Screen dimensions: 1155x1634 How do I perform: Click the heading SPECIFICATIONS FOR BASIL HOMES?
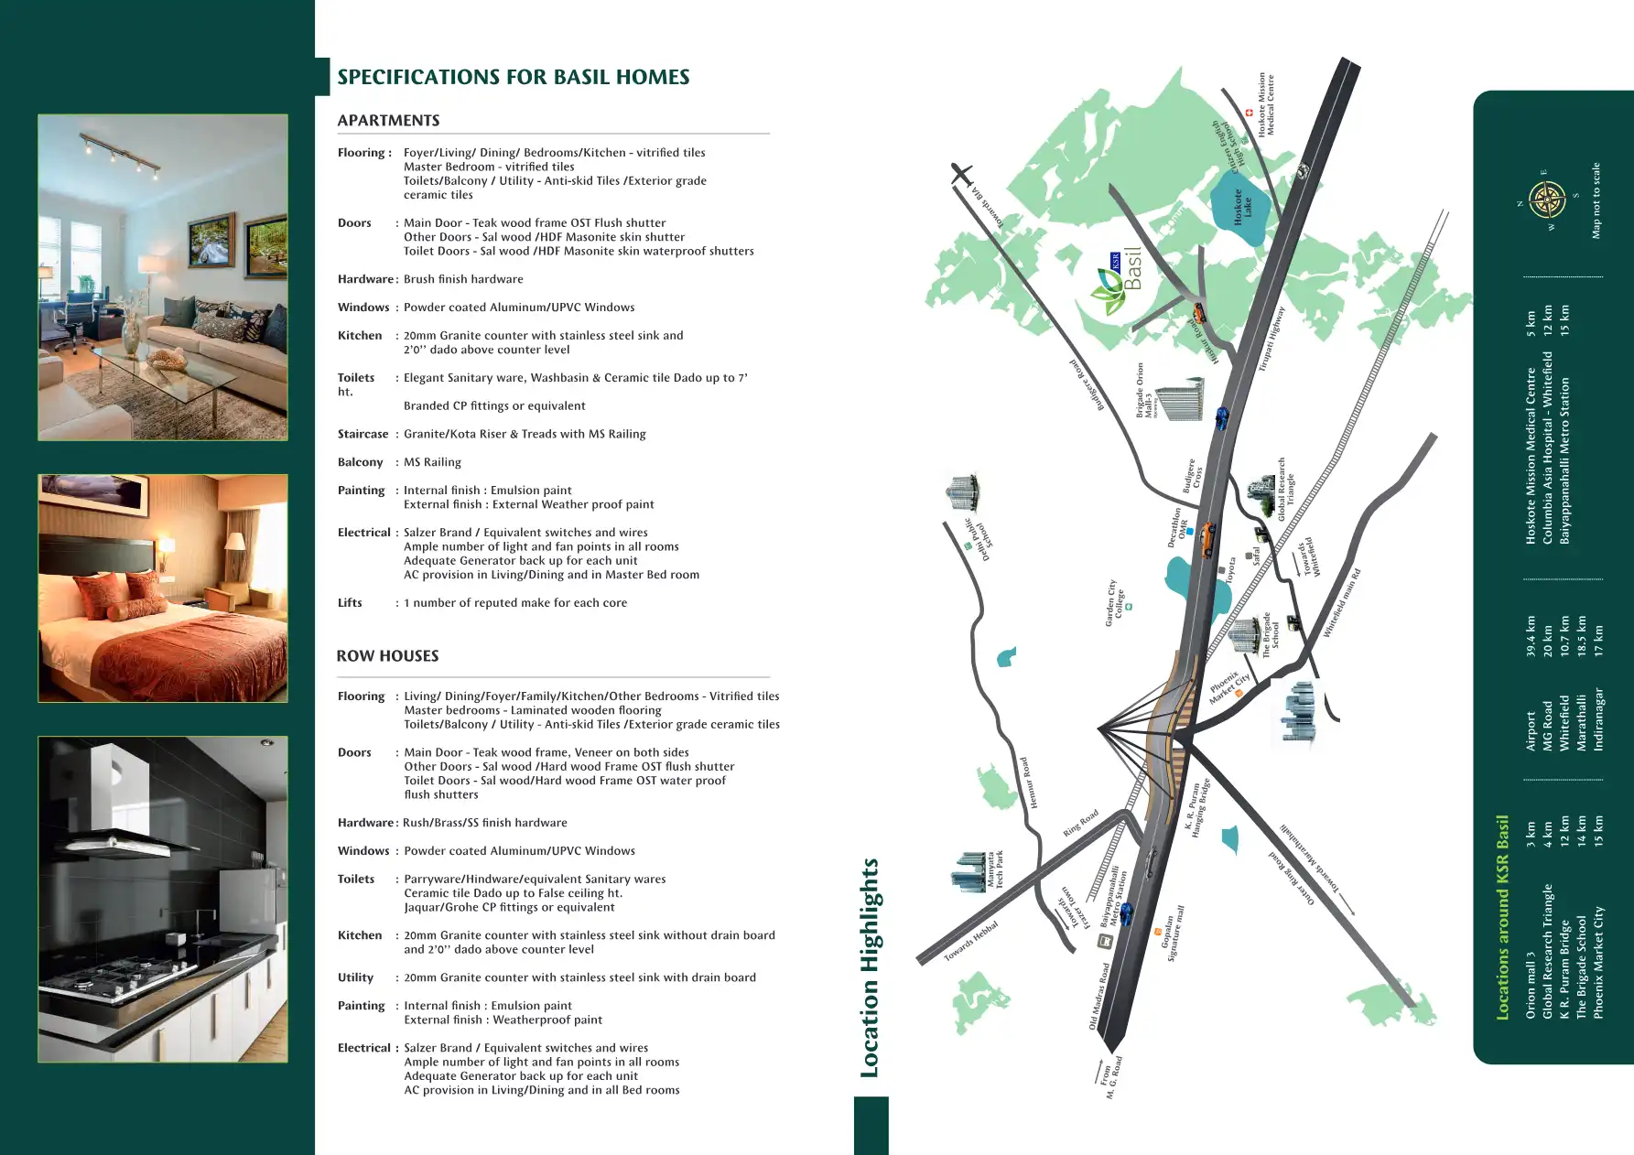pyautogui.click(x=513, y=77)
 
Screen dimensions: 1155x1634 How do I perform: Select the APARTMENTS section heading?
pyautogui.click(x=388, y=121)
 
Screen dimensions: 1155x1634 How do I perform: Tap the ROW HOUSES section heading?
pyautogui.click(x=387, y=656)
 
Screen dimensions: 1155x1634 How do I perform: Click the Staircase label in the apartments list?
pyautogui.click(x=363, y=434)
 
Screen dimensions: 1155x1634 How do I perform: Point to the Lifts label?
pyautogui.click(x=350, y=603)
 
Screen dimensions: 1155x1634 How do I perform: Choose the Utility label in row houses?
pyautogui.click(x=355, y=977)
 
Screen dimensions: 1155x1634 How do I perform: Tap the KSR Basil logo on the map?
pyautogui.click(x=1118, y=283)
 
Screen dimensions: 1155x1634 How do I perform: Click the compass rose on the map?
pyautogui.click(x=1547, y=199)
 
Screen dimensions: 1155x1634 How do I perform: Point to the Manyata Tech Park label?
pyautogui.click(x=994, y=869)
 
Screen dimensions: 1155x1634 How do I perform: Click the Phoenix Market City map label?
pyautogui.click(x=1228, y=687)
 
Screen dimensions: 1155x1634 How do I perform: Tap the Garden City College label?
pyautogui.click(x=1114, y=602)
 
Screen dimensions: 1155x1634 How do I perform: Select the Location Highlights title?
pyautogui.click(x=869, y=967)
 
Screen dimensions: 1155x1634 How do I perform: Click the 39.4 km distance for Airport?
pyautogui.click(x=1531, y=636)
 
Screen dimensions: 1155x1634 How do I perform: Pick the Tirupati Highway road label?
pyautogui.click(x=1271, y=339)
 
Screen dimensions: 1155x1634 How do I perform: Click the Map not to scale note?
pyautogui.click(x=1596, y=200)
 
